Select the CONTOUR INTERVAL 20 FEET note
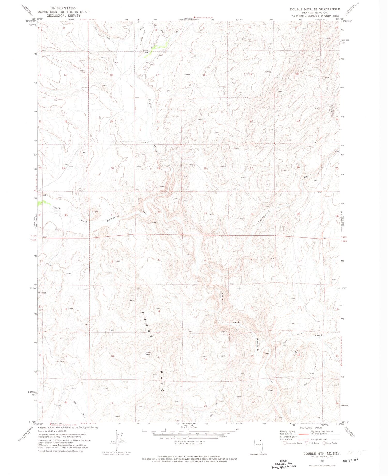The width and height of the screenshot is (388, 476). click(x=189, y=441)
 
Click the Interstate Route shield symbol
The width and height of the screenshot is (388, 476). click(x=285, y=443)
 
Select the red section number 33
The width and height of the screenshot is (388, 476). click(x=205, y=213)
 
